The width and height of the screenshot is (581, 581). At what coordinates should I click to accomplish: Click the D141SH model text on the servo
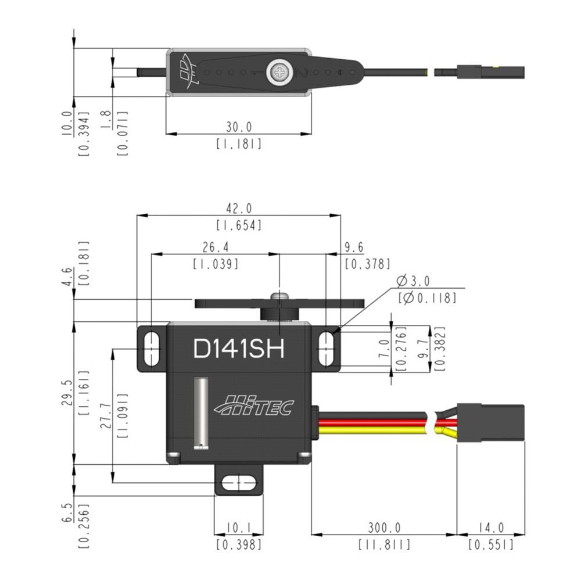click(239, 348)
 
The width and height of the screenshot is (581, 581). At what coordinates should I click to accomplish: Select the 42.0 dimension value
click(239, 208)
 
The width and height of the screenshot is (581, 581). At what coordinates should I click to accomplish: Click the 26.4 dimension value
click(216, 247)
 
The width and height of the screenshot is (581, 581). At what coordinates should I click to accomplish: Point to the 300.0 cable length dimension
click(384, 528)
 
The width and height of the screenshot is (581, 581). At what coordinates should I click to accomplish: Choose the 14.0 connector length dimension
click(491, 528)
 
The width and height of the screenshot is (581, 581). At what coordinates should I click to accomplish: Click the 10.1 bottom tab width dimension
click(239, 528)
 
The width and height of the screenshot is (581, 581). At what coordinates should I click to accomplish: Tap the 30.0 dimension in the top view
click(239, 127)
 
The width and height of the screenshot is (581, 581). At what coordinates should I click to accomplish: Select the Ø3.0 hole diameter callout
click(413, 281)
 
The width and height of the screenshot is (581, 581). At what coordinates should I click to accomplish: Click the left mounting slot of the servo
click(151, 349)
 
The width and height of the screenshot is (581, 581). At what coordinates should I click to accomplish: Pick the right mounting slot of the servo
click(326, 349)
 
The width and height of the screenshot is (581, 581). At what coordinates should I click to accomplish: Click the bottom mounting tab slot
click(239, 483)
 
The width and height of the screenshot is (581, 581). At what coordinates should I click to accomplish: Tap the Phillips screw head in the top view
click(281, 72)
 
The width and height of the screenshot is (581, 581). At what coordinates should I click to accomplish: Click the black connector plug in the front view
click(490, 422)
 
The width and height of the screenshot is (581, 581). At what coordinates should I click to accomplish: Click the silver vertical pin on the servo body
click(201, 413)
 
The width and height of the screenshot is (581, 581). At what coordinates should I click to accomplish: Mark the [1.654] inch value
click(239, 225)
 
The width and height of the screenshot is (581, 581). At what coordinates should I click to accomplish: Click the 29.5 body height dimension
click(67, 392)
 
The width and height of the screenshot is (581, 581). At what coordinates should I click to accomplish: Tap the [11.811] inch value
click(384, 545)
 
